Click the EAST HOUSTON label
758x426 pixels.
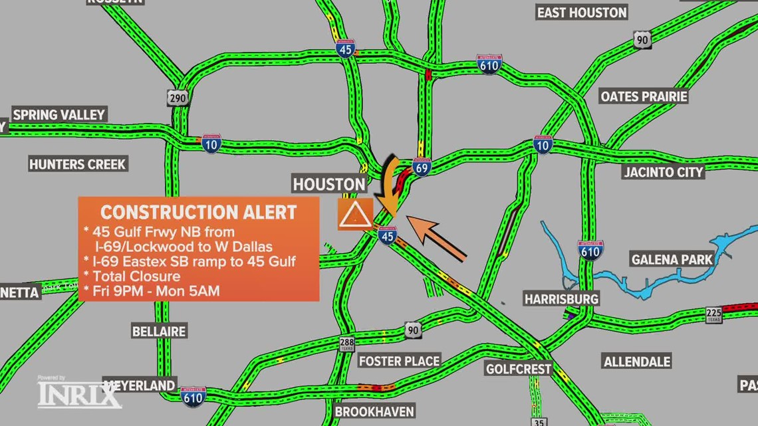point(582,13)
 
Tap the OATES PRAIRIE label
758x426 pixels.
point(644,97)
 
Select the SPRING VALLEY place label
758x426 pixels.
point(59,115)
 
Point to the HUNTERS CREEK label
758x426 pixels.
point(77,164)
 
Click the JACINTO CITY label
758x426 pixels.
point(663,172)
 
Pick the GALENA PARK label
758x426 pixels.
point(672,259)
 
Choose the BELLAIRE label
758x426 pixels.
point(159,331)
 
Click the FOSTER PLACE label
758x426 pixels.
point(399,361)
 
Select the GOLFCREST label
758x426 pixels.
point(519,369)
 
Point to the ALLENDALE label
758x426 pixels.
point(636,362)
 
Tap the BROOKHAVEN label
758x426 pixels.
point(374,411)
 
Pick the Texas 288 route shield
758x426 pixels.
point(347,344)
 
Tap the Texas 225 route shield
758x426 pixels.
point(713,315)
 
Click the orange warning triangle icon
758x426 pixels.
point(354,214)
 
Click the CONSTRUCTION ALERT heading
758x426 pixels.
point(198,213)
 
